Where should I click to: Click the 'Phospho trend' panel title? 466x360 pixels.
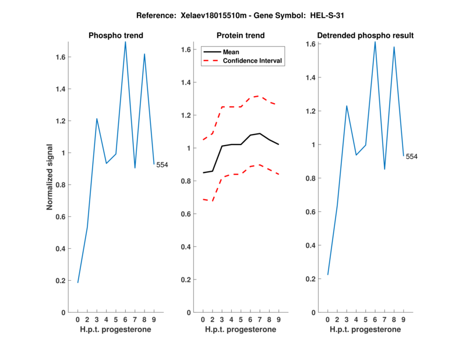(116, 36)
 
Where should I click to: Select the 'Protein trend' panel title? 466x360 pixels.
(241, 36)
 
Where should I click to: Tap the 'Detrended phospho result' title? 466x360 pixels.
(365, 36)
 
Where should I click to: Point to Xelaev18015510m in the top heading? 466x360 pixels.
(194, 15)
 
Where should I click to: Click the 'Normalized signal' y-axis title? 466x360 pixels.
(51, 177)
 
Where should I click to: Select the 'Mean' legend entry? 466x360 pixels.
(231, 52)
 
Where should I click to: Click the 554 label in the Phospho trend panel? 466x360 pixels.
(162, 165)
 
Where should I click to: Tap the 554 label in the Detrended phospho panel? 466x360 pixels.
(411, 157)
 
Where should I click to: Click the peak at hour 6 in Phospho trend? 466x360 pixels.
(125, 41)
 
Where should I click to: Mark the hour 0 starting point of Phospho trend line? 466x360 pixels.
(77, 283)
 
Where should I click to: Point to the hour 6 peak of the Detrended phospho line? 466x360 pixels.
(375, 41)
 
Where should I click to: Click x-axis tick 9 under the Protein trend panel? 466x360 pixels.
(279, 319)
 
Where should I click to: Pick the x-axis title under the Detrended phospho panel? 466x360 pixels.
(365, 329)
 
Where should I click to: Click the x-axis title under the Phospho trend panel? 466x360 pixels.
(116, 329)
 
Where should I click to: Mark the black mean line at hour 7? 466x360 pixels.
(260, 133)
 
